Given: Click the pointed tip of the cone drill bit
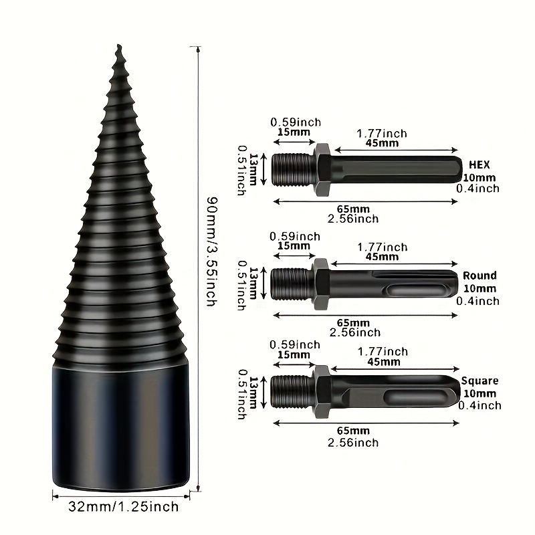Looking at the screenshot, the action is pos(118,45).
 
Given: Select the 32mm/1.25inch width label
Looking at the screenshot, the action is pos(124,506).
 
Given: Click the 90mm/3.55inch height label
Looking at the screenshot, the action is pos(212,251).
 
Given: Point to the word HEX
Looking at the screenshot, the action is pos(479,165).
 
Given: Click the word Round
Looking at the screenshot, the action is pos(479,276).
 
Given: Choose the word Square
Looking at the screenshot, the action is pos(479,381).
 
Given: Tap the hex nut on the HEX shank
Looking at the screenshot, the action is pos(322,170).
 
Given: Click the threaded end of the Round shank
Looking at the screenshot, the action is pos(292,284).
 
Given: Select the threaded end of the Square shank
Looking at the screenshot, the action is pos(292,391).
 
